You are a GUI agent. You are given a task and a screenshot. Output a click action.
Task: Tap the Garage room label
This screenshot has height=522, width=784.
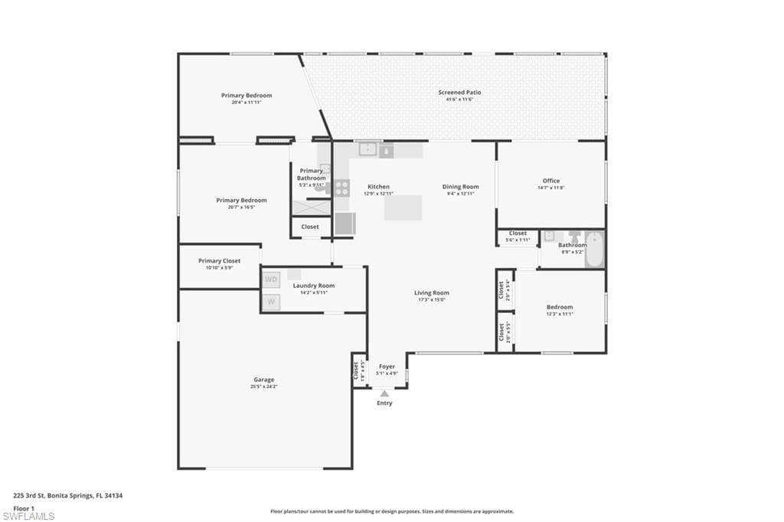coord(264,380)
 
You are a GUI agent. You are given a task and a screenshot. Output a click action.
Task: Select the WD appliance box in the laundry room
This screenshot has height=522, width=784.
coord(271,279)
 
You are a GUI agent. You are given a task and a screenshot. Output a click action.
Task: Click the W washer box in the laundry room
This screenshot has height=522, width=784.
coord(271,302)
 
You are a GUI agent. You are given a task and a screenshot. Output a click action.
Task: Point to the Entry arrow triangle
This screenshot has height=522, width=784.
coord(384,393)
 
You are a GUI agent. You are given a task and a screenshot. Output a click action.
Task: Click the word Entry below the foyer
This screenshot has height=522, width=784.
coord(384,403)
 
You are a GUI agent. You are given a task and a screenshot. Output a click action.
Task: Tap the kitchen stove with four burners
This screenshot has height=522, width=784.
coord(341,188)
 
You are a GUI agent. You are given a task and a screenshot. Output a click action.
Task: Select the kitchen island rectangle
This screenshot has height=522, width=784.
coord(403,207)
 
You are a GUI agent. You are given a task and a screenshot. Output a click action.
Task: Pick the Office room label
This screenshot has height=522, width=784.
coord(551,181)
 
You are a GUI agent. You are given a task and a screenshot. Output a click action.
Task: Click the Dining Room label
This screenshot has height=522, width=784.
coord(460,187)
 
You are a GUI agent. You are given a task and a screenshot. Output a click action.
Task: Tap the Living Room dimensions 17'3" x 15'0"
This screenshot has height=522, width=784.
coord(432,300)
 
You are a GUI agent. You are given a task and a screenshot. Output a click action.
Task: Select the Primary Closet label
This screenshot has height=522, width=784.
coord(220,261)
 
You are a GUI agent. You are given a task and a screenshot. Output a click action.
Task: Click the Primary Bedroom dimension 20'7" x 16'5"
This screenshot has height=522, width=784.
coord(241,207)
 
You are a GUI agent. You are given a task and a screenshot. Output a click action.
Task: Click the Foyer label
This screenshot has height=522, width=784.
coord(387,367)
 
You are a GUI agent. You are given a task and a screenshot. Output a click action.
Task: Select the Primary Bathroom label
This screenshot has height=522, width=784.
coord(312,175)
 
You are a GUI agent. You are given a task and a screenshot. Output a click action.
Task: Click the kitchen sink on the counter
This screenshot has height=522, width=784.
coord(369,150)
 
